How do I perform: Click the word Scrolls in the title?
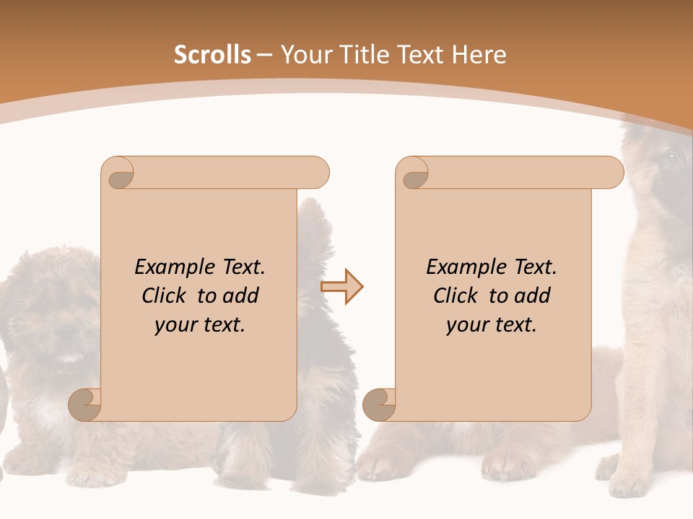point(213,55)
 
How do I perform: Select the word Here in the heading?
point(479,55)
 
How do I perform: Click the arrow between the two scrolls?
point(342,287)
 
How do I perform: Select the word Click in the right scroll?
point(455,296)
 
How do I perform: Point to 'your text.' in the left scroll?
point(200,325)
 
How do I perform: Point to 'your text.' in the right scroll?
point(492,325)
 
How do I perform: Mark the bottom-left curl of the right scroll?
point(380,404)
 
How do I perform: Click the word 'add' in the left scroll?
point(241,296)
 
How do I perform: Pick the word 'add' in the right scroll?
point(533,296)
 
